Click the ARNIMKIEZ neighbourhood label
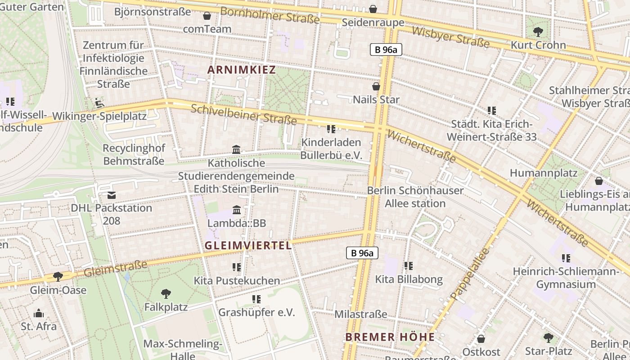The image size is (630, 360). point(241,69)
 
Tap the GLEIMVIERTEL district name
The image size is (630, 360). point(248,245)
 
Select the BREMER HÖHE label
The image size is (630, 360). point(390,337)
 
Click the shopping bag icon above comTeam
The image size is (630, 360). point(207,16)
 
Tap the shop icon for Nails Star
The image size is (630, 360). point(376,86)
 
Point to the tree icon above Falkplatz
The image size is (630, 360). point(166,294)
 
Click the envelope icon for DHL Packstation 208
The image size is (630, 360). point(111,195)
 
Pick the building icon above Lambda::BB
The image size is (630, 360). point(236,210)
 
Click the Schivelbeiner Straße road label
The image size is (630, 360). point(243,114)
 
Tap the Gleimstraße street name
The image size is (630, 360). point(116,269)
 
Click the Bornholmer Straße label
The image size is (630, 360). point(270,15)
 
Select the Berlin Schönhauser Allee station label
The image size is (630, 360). point(415,197)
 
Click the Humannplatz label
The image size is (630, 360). point(537,173)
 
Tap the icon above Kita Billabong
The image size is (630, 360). point(408,266)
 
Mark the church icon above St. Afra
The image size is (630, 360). point(39,313)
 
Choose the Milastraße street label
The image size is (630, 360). point(360,314)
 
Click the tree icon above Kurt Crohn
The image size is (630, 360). point(538,31)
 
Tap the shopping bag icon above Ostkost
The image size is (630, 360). point(481,339)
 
